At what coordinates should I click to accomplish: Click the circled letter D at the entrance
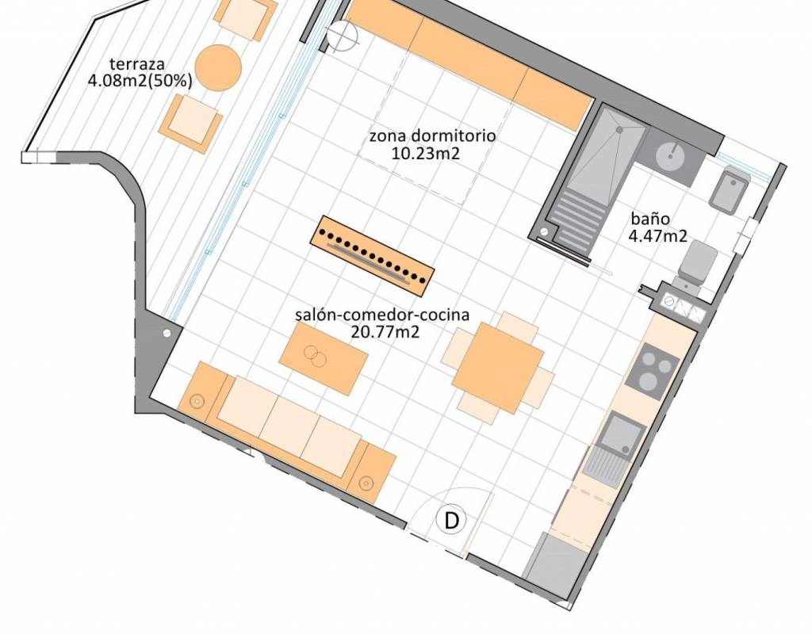[451, 520]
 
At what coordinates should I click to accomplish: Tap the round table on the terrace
[218, 67]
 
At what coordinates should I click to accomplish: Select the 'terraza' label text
[137, 64]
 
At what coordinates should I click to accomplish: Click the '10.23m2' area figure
[426, 153]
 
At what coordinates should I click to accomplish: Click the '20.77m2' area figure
[385, 332]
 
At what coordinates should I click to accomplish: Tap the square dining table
[498, 368]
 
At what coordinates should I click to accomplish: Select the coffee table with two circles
[324, 358]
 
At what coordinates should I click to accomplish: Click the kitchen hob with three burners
[652, 371]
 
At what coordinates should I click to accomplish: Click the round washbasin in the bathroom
[671, 155]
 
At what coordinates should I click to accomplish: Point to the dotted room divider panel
[373, 256]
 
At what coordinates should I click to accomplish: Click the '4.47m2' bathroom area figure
[657, 236]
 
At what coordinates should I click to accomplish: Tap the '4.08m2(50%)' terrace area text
[140, 82]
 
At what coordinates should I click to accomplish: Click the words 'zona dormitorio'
[432, 136]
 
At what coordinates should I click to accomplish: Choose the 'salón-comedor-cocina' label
[382, 315]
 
